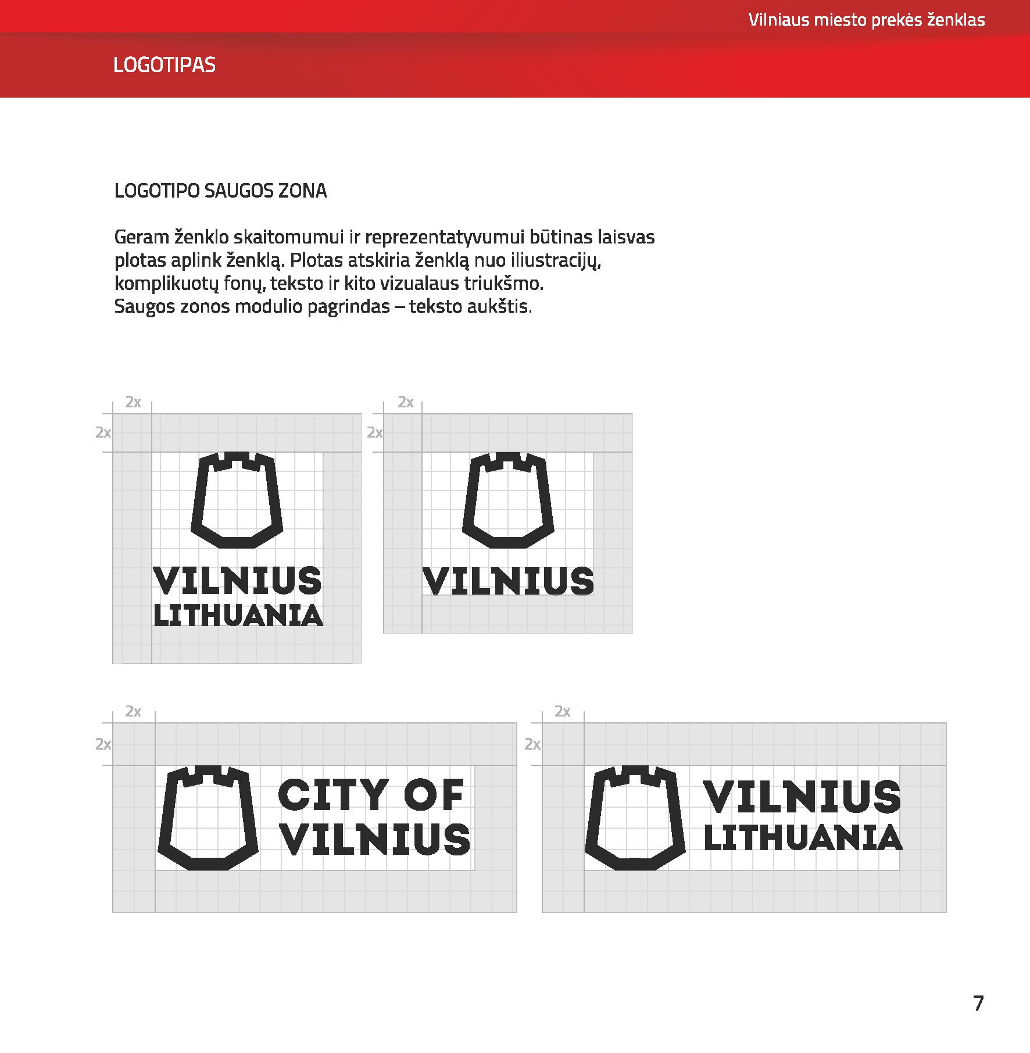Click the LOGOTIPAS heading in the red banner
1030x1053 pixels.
tap(164, 65)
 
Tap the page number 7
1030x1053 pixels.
tap(978, 1004)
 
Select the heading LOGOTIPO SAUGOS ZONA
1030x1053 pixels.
tap(220, 191)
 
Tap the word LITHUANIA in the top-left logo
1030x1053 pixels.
tap(238, 615)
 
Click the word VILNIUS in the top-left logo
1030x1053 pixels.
tap(237, 581)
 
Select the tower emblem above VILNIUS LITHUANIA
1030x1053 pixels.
tap(237, 500)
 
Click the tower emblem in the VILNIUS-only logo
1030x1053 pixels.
tap(508, 500)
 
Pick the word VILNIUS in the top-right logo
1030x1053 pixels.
tap(509, 581)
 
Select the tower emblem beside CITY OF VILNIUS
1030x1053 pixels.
tap(208, 817)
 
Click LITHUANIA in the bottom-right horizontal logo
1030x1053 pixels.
tap(803, 839)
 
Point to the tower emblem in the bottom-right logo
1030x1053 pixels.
tap(635, 817)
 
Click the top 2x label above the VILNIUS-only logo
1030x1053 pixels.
tap(406, 402)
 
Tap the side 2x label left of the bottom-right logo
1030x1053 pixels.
tap(532, 744)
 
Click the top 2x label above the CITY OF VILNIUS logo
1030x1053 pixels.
tap(133, 711)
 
